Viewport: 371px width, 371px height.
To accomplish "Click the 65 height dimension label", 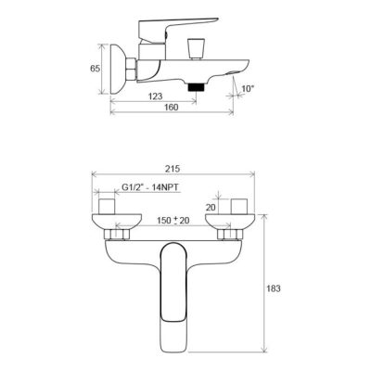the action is point(95,69).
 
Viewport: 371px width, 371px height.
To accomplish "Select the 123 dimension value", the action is point(156,96).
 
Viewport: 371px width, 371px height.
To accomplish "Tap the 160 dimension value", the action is point(172,108).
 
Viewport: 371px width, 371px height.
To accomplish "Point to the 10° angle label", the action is point(248,89).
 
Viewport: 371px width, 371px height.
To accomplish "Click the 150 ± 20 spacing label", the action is point(173,221).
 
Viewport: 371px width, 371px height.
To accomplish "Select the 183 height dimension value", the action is point(274,288).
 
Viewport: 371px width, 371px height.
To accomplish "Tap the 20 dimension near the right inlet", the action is point(211,208).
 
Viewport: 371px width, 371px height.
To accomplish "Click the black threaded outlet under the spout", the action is point(196,86).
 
